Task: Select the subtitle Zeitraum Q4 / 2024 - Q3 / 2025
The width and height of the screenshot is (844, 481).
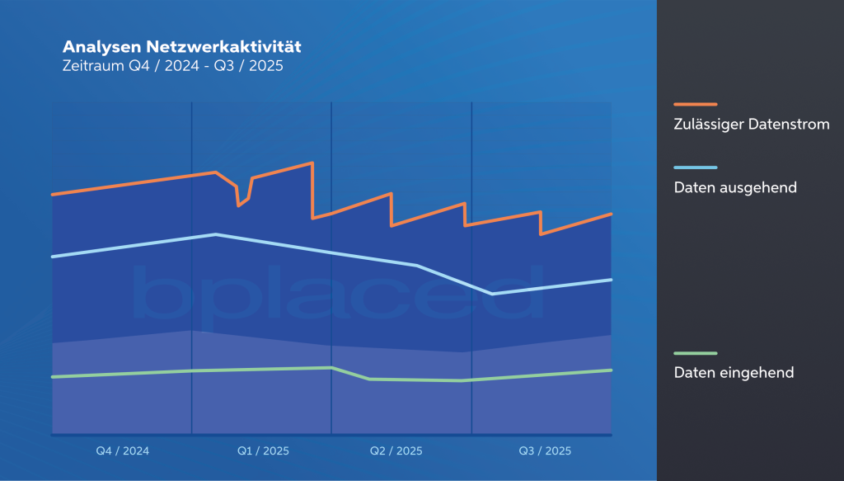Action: click(x=172, y=67)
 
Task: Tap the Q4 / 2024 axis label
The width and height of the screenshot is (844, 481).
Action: click(x=122, y=450)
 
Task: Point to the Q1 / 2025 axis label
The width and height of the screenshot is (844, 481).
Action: click(x=263, y=450)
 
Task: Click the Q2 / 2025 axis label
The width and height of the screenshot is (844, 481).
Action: click(x=396, y=450)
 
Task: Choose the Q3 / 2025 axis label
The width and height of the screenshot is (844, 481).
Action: click(x=544, y=450)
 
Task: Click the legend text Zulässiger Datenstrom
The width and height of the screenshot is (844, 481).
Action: click(x=751, y=125)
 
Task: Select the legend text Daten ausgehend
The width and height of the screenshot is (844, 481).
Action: click(x=735, y=187)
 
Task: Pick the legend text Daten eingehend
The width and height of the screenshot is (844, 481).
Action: click(x=734, y=372)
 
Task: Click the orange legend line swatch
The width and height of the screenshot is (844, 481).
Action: click(x=695, y=105)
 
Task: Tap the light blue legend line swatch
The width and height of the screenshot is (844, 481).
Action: click(x=695, y=167)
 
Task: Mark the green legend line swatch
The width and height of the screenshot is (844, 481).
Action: click(x=695, y=353)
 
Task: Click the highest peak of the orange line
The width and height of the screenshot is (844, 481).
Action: click(x=312, y=163)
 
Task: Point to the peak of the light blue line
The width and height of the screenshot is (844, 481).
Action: click(x=215, y=234)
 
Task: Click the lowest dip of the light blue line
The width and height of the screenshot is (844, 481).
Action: click(x=492, y=293)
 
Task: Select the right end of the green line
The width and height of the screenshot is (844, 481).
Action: click(x=611, y=370)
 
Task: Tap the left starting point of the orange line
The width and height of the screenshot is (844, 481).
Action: click(x=53, y=195)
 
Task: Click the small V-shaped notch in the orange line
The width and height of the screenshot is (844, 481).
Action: click(x=239, y=205)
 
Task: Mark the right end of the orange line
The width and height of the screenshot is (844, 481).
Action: click(x=611, y=214)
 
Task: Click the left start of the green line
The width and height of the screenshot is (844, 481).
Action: click(x=53, y=376)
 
